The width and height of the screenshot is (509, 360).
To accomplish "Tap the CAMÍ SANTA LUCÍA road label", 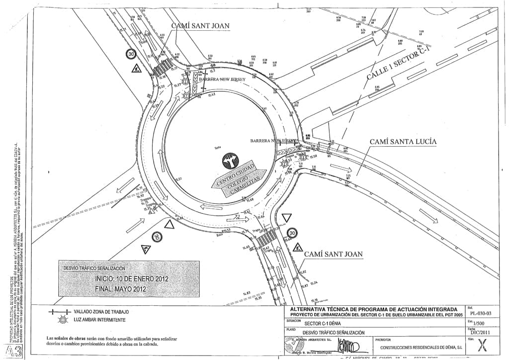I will click(403, 142).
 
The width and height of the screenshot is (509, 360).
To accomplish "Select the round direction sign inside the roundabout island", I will click(231, 162).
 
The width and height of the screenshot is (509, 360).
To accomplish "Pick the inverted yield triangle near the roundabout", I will click(287, 218).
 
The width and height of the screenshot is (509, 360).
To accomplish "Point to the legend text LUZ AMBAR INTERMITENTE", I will click(99, 320).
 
